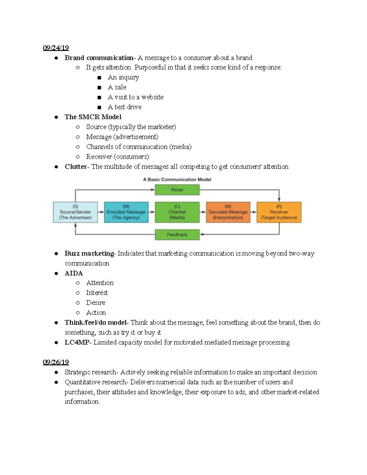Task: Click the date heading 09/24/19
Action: [56, 48]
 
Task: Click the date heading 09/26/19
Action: [56, 362]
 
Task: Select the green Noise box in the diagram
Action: [177, 190]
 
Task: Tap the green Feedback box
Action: [177, 235]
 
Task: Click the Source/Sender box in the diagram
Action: [75, 212]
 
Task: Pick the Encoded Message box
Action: [126, 212]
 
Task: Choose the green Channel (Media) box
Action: [177, 212]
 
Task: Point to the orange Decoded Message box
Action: [228, 212]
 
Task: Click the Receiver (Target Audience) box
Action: [279, 212]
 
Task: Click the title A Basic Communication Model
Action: [177, 180]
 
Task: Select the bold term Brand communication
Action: [99, 58]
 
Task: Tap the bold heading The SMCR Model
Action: [93, 117]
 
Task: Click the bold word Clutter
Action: [76, 167]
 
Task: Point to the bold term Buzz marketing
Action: [89, 253]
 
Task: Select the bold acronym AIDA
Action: [74, 273]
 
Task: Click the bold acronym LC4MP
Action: [76, 342]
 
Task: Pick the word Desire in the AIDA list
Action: [95, 302]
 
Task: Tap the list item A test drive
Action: [124, 107]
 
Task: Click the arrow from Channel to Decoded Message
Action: [203, 212]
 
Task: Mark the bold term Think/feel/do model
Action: [95, 322]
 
